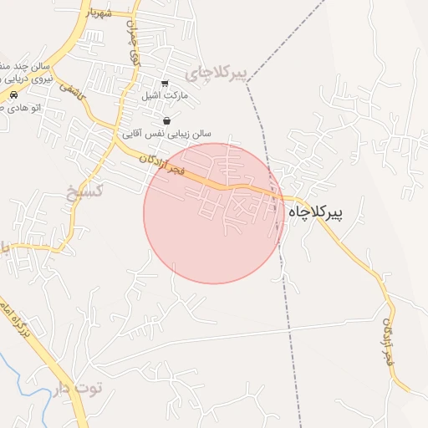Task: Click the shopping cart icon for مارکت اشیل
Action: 165,84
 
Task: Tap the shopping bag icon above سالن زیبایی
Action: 167,120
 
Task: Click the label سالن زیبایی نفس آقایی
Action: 167,133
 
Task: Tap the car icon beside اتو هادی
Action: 13,95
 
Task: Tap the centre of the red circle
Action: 214,213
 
